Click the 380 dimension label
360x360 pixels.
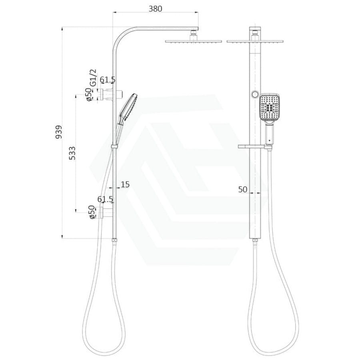click(x=156, y=9)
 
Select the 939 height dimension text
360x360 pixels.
click(x=59, y=132)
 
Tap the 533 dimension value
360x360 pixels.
click(x=72, y=153)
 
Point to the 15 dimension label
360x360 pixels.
click(x=125, y=184)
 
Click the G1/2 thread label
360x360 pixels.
click(x=93, y=78)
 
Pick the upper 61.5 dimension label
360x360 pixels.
click(x=108, y=80)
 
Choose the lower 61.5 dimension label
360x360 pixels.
click(x=105, y=199)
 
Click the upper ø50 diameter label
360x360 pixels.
click(x=89, y=95)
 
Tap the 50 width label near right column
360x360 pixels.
click(x=243, y=189)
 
